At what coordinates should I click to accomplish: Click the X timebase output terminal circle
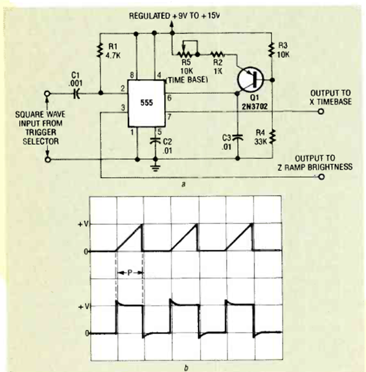click(321, 112)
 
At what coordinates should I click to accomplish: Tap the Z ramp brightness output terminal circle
click(321, 177)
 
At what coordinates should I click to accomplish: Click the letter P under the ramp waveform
click(129, 272)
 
